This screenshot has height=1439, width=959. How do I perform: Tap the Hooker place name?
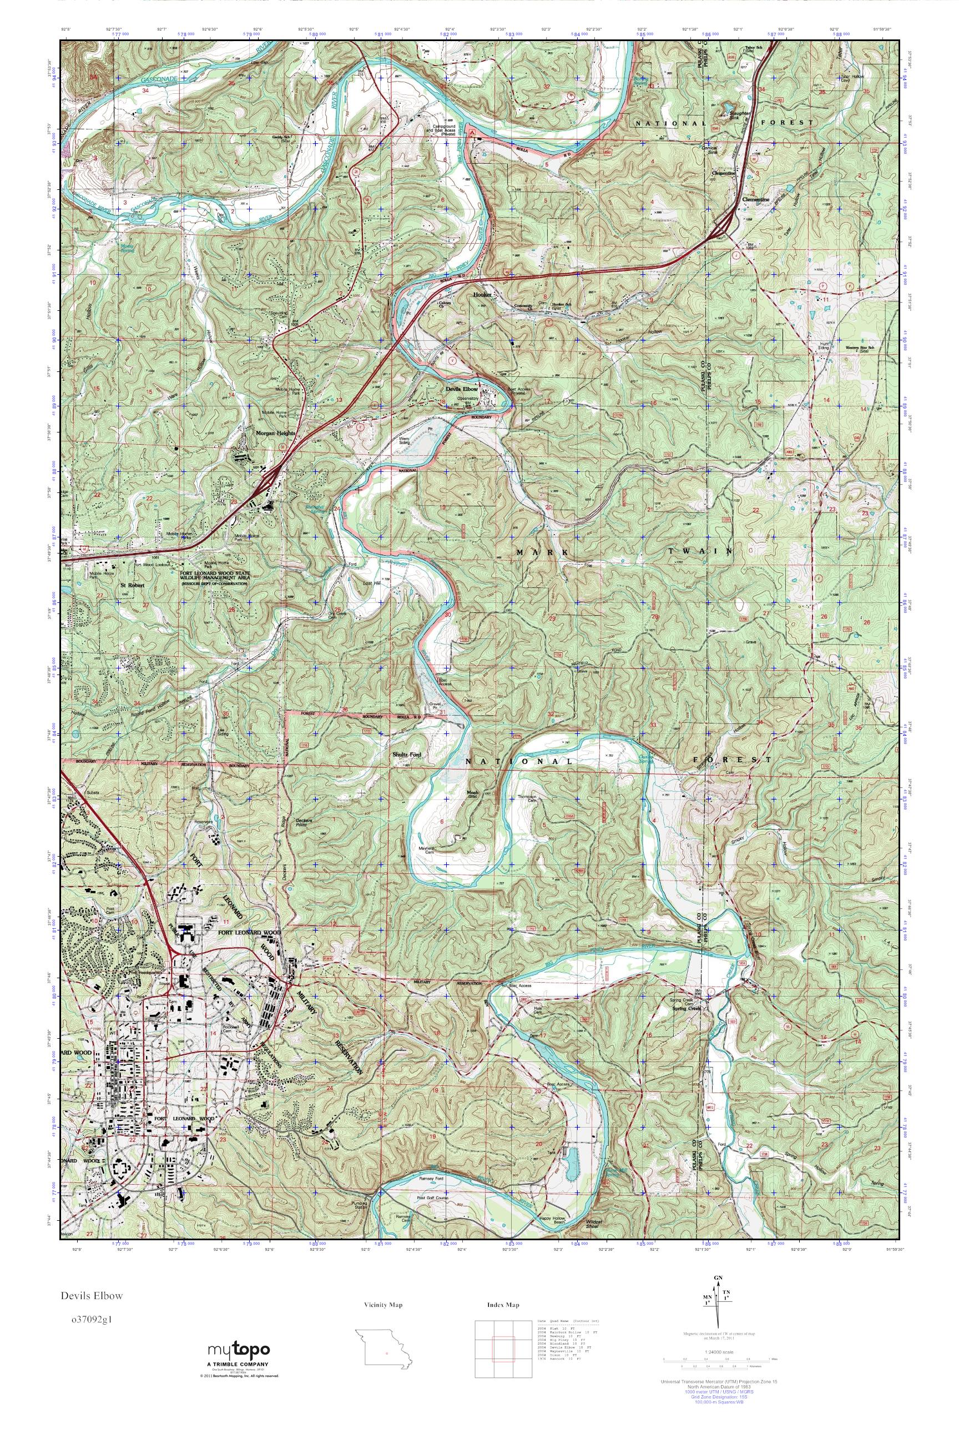(483, 294)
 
